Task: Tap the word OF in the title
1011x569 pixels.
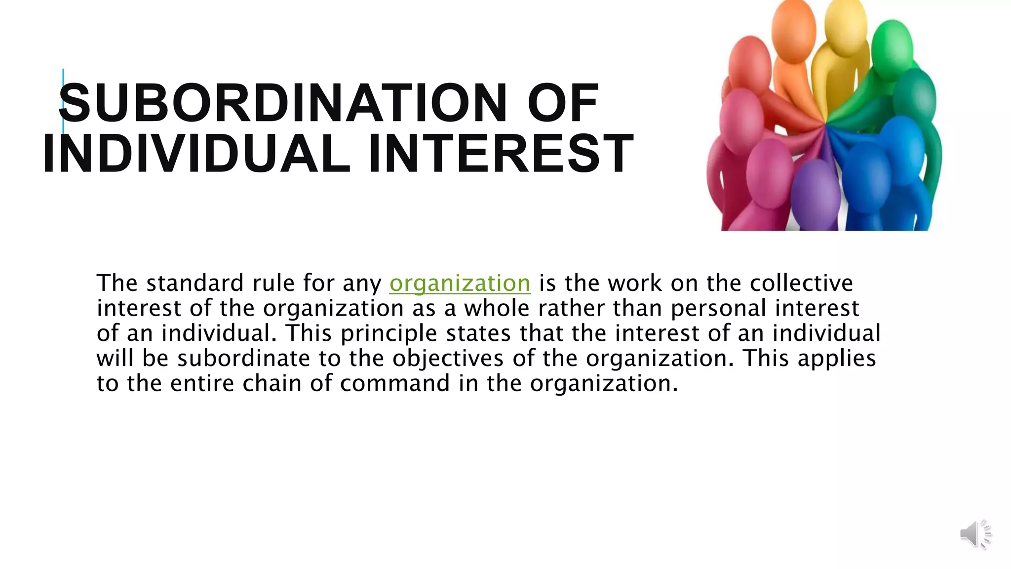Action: coord(563,103)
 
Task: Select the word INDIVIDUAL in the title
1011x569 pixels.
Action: coord(196,154)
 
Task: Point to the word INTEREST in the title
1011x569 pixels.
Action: coord(501,154)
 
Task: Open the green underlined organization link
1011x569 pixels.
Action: coord(460,284)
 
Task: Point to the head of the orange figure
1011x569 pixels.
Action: coord(793,30)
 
